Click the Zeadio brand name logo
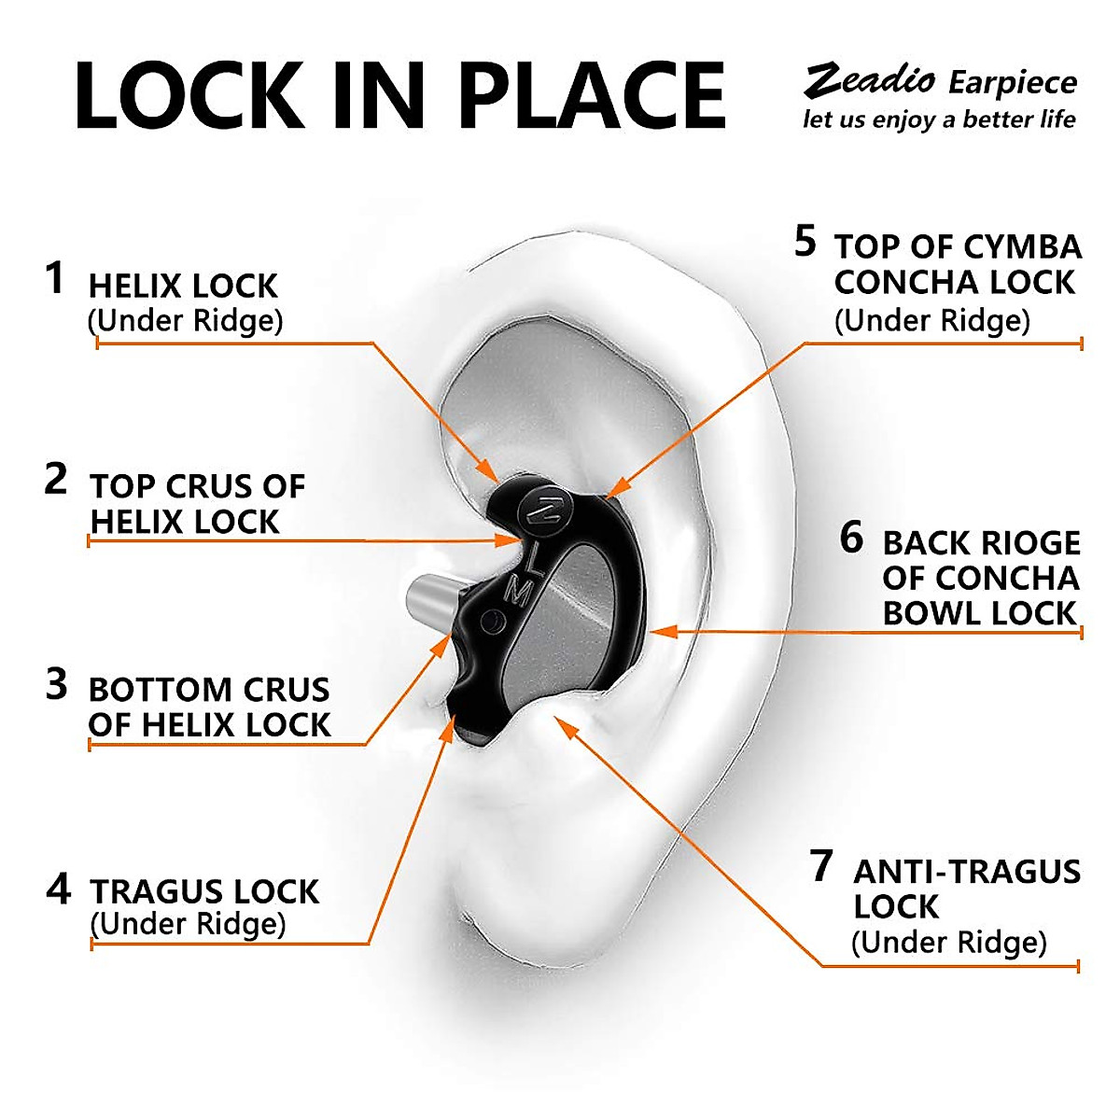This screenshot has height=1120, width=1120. (869, 80)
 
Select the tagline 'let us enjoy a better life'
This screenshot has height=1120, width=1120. (939, 119)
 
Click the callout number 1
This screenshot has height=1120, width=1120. (55, 278)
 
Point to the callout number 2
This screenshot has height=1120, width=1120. (56, 480)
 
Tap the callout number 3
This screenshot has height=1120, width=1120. (56, 684)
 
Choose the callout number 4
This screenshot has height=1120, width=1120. (57, 889)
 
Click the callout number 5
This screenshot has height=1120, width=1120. (805, 241)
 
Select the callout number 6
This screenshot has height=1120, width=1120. (851, 538)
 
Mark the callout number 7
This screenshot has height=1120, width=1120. (820, 865)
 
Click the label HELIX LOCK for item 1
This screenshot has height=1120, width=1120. (183, 287)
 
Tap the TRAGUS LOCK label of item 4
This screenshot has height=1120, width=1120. (204, 891)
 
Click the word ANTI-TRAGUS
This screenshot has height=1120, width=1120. (966, 872)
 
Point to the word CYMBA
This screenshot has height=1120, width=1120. (1021, 247)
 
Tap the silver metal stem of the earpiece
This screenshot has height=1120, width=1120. (430, 605)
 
